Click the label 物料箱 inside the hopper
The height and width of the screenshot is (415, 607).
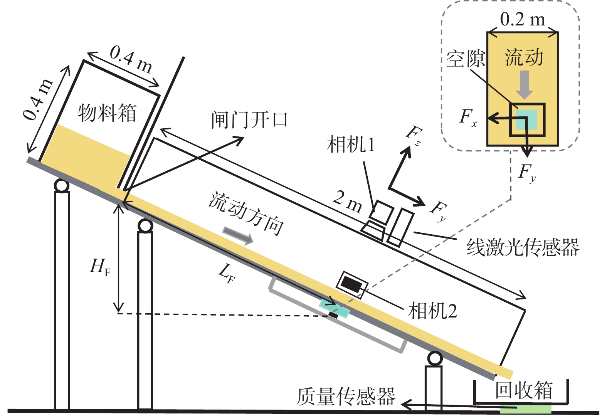pos(107,113)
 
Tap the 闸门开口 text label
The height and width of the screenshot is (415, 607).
pos(249,120)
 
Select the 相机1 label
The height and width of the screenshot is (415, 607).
pos(350,145)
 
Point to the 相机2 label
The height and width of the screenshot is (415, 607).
pos(432,311)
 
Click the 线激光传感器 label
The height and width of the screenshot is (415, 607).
pos(523,247)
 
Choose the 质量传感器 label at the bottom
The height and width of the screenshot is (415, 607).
pos(346,397)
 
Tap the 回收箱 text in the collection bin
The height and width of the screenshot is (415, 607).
pos(524,390)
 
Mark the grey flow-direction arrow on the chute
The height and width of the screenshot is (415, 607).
pos(238,235)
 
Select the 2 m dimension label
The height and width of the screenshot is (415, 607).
pos(347,202)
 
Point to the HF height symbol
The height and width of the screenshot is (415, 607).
pos(100,266)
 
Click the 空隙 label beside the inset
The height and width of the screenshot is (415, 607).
pos(465,59)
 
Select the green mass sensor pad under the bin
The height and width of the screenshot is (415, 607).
pos(526,408)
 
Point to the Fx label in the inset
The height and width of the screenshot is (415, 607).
pos(468,116)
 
